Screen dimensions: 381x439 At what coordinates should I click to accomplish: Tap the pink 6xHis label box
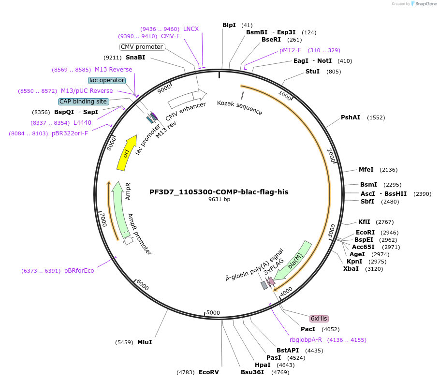319,319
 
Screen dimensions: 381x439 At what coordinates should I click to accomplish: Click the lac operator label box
107,80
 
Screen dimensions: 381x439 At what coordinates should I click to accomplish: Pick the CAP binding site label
83,102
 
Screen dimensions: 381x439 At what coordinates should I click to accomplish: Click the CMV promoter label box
142,47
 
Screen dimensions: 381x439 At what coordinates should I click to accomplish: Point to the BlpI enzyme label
229,25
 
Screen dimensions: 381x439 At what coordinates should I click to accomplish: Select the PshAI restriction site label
351,117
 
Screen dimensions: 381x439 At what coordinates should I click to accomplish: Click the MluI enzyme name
145,342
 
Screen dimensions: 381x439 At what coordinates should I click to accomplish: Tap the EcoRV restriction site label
209,372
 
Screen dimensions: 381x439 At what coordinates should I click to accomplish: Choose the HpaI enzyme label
263,365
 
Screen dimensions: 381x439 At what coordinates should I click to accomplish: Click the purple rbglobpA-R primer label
306,340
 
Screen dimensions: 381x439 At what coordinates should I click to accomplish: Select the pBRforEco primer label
79,271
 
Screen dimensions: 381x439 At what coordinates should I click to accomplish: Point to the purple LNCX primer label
191,29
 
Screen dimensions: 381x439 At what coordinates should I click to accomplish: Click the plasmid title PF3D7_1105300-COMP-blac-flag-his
219,192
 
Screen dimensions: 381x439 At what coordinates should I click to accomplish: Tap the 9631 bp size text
219,199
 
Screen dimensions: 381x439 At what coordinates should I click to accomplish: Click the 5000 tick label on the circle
213,313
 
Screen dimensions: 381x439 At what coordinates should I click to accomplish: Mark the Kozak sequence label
240,108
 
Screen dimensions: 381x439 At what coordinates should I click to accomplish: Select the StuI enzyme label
312,72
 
